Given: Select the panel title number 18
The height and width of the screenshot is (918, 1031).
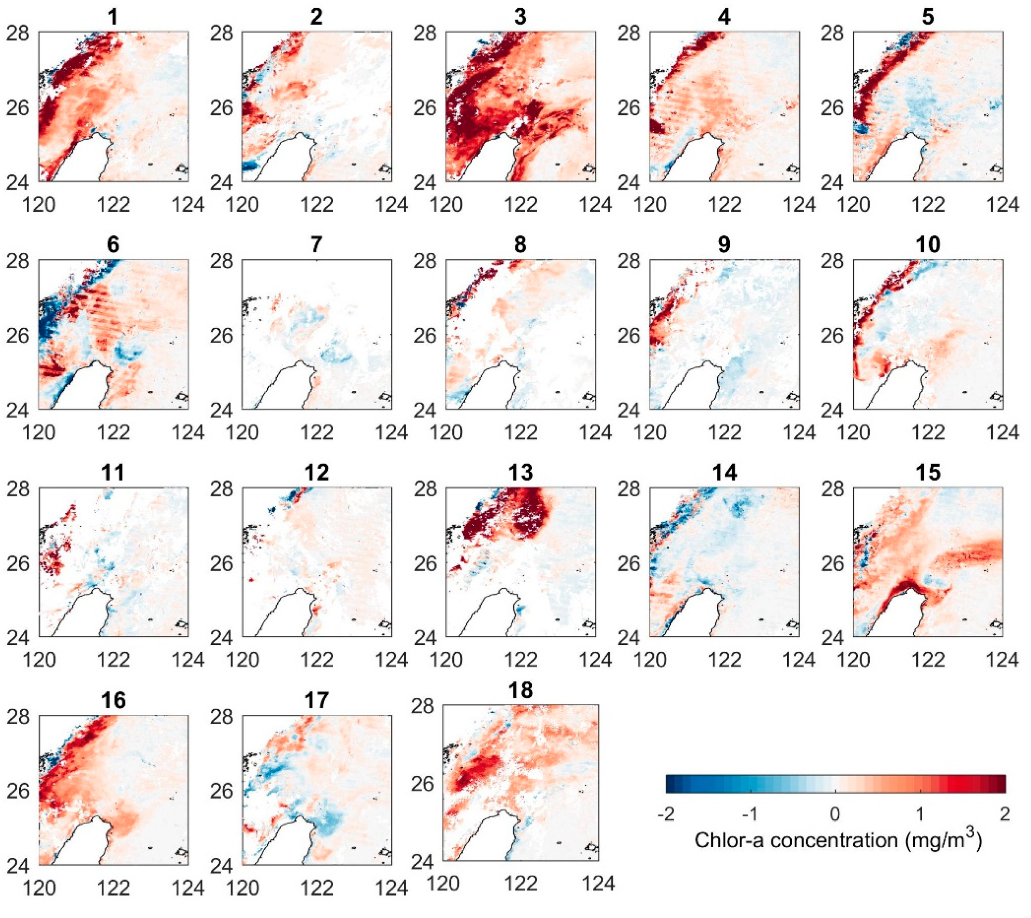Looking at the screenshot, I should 520,690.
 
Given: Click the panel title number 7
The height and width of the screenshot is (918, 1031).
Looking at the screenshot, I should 316,245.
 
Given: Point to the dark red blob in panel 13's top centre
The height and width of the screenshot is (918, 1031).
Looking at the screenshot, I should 530,514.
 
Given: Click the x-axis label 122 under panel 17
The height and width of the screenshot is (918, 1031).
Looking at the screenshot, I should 317,888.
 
